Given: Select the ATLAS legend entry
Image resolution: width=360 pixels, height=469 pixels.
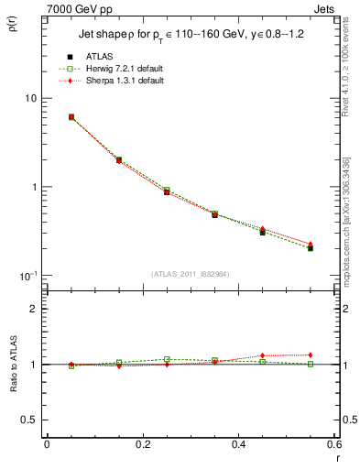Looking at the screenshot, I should point(95,56).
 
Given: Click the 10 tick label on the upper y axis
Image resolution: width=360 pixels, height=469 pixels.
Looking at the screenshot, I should point(29,98).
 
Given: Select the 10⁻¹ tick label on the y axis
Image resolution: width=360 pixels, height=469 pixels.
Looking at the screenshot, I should point(27,276).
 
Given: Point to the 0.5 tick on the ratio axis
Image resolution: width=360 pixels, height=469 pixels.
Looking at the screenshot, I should point(29,420).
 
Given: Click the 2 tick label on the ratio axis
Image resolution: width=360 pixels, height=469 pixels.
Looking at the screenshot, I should point(33,309).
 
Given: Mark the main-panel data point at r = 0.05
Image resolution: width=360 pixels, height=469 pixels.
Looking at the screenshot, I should point(71,117).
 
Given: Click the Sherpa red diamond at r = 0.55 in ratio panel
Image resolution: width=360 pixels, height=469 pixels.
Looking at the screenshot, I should point(311,354).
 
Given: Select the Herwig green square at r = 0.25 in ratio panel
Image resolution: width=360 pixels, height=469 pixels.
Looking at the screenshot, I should point(167,359).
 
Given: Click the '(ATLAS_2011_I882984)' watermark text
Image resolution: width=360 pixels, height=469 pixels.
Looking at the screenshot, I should point(191,275).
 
